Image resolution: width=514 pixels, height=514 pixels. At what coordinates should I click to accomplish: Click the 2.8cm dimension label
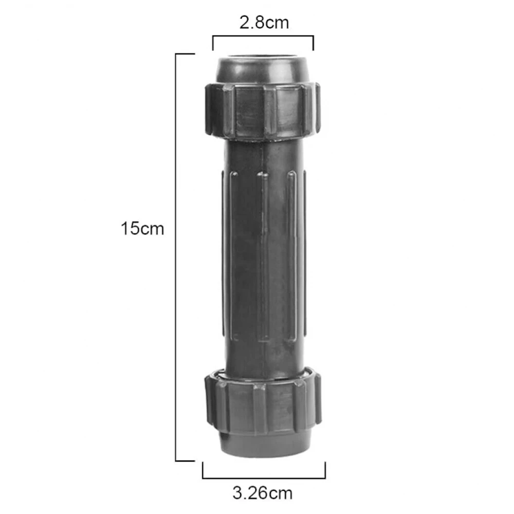(x=264, y=23)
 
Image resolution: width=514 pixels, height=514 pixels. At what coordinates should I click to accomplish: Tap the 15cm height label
(x=142, y=229)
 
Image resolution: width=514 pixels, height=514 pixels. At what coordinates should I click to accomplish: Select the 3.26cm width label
(x=262, y=493)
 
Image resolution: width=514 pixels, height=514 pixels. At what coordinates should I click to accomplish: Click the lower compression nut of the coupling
(x=263, y=403)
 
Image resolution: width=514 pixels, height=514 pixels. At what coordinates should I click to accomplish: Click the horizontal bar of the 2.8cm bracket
(x=263, y=36)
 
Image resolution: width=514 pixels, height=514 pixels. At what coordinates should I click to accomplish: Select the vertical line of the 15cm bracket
(x=176, y=258)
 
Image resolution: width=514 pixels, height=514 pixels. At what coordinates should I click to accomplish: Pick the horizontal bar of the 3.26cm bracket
(x=264, y=478)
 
